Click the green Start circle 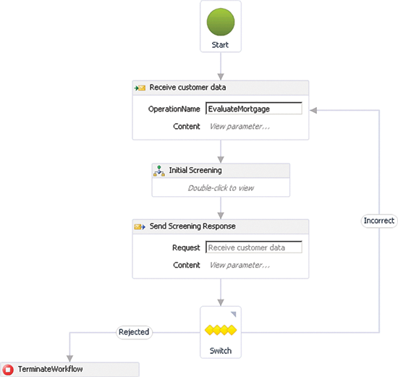point(221,22)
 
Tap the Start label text point(220,45)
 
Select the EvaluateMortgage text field point(254,109)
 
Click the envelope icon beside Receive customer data point(140,88)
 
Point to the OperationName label point(174,109)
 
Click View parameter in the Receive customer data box point(240,127)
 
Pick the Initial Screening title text point(195,170)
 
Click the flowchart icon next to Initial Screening point(159,171)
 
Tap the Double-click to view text point(221,188)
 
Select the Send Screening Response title point(192,226)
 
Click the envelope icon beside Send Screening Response point(140,226)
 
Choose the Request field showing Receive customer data point(254,247)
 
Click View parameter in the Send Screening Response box point(240,265)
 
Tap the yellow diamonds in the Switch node point(221,330)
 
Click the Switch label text point(221,351)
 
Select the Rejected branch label point(134,332)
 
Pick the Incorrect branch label point(379,221)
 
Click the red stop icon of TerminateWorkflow point(8,369)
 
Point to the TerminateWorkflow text point(50,369)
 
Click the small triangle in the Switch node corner point(234,314)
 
